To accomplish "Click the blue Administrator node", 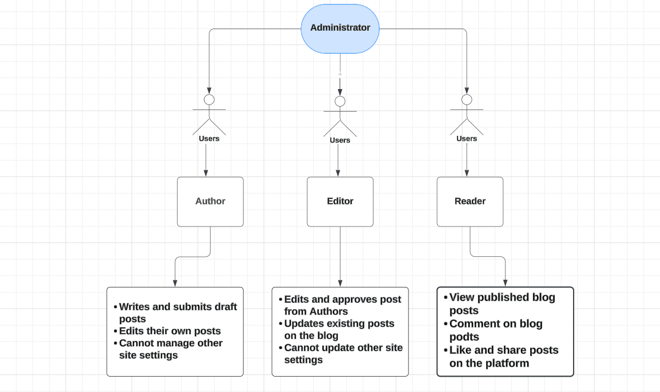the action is [340, 29].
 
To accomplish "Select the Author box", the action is [210, 201].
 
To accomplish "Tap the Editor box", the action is [340, 201].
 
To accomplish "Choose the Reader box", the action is [470, 201].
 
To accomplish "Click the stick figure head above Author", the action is [209, 100].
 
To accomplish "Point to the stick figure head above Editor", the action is [340, 101].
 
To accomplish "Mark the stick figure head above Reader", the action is [467, 100].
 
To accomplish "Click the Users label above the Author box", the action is [209, 139].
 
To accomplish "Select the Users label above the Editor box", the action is [340, 140].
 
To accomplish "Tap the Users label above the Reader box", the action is [467, 139].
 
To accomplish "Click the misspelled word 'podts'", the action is [464, 337].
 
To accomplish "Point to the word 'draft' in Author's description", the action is [226, 307].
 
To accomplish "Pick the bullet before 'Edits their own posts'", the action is [116, 332].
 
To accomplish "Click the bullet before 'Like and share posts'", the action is [446, 350].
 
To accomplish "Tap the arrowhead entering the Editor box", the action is [338, 173].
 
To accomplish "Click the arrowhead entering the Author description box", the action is [175, 284].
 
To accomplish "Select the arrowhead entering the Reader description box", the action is [505, 283].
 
